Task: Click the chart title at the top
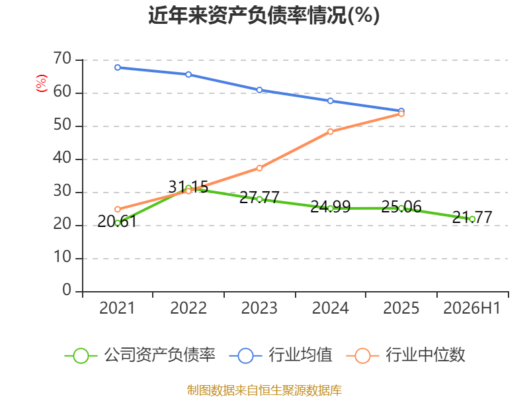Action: (x=264, y=15)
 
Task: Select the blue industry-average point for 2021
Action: (x=118, y=67)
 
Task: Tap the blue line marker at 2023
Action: (x=259, y=90)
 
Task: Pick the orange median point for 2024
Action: (x=330, y=131)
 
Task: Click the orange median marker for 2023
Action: (x=259, y=168)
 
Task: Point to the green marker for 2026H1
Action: (x=472, y=219)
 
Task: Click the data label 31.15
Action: (x=188, y=187)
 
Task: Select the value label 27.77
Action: (x=259, y=197)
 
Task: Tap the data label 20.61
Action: (x=117, y=222)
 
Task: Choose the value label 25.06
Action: (x=401, y=206)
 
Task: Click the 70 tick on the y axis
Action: (x=62, y=59)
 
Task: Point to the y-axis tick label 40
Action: (x=62, y=158)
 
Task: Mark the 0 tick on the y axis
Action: (x=67, y=290)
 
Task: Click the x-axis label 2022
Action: (x=188, y=308)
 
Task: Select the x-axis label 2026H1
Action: (x=472, y=308)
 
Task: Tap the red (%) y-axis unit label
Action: (x=42, y=83)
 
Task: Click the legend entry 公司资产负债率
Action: (x=140, y=355)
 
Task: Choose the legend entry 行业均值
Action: (x=280, y=355)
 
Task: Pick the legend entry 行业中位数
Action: (x=406, y=355)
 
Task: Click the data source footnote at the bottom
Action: (x=264, y=390)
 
